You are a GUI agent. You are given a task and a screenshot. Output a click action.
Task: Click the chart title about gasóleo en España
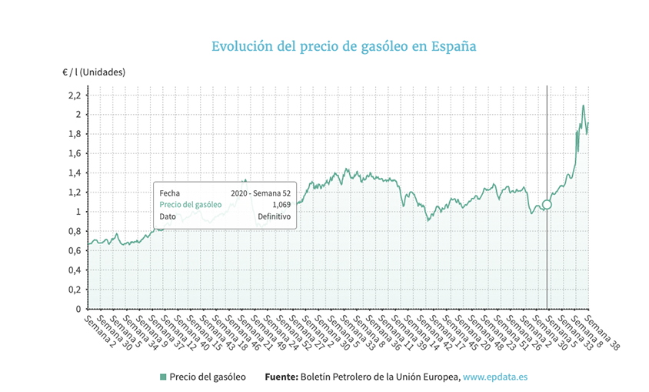point(344,46)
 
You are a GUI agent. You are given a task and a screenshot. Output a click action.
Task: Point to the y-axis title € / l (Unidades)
point(93,72)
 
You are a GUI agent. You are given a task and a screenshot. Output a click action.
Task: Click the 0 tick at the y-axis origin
point(77,309)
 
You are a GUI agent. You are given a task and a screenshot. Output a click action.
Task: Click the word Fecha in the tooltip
point(170,193)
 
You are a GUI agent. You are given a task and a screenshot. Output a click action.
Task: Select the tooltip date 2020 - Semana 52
point(261,193)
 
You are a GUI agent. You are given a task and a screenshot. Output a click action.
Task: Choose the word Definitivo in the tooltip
point(274,217)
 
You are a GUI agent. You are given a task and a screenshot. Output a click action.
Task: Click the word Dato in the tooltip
point(168,217)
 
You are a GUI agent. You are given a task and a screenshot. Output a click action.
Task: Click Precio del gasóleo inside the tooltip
point(191,205)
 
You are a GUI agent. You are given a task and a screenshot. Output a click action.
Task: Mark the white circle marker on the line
point(547,205)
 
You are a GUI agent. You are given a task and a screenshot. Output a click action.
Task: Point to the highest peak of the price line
point(584,106)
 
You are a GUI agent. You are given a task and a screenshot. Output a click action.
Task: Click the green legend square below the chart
point(162,377)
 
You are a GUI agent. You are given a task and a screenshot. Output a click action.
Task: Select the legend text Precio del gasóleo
point(208,377)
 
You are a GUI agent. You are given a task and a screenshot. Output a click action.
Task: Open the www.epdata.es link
point(494,377)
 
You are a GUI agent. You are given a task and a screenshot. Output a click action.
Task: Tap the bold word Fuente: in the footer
point(281,377)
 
